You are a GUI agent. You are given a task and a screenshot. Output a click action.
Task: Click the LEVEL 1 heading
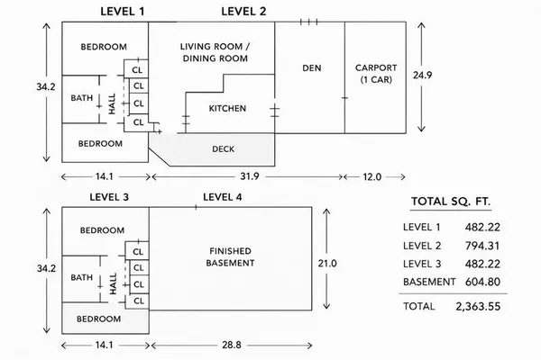pyautogui.click(x=122, y=12)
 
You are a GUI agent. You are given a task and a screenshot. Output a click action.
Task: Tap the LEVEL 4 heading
pyautogui.click(x=222, y=197)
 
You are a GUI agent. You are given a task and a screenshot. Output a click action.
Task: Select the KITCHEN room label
pyautogui.click(x=227, y=109)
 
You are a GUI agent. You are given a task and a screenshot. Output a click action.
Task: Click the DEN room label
pyautogui.click(x=312, y=68)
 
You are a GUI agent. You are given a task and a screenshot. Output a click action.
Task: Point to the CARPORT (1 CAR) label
pyautogui.click(x=376, y=74)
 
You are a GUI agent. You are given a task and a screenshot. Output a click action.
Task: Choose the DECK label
pyautogui.click(x=224, y=149)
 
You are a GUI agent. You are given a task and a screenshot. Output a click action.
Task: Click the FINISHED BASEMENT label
pyautogui.click(x=230, y=257)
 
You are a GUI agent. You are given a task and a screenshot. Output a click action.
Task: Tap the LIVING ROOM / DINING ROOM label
pyautogui.click(x=215, y=52)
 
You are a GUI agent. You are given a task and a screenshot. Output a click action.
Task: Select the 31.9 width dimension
pyautogui.click(x=250, y=176)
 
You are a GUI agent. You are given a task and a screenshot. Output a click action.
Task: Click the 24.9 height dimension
pyautogui.click(x=423, y=75)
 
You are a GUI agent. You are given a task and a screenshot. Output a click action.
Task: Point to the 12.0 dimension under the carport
pyautogui.click(x=371, y=177)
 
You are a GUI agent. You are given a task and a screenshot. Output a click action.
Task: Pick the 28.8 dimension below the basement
pyautogui.click(x=232, y=345)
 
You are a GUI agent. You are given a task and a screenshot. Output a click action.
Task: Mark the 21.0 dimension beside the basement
pyautogui.click(x=327, y=264)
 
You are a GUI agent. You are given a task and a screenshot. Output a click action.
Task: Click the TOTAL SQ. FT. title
pyautogui.click(x=451, y=202)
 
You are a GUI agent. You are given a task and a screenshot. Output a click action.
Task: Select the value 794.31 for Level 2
pyautogui.click(x=482, y=246)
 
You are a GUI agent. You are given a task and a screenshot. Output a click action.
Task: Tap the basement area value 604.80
pyautogui.click(x=482, y=282)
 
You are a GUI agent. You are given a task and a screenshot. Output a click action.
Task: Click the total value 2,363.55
pyautogui.click(x=478, y=306)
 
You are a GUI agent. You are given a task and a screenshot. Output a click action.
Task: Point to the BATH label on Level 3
pyautogui.click(x=82, y=277)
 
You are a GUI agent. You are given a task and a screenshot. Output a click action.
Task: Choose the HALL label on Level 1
pyautogui.click(x=112, y=103)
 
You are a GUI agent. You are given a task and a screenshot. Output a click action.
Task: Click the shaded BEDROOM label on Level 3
pyautogui.click(x=98, y=319)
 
